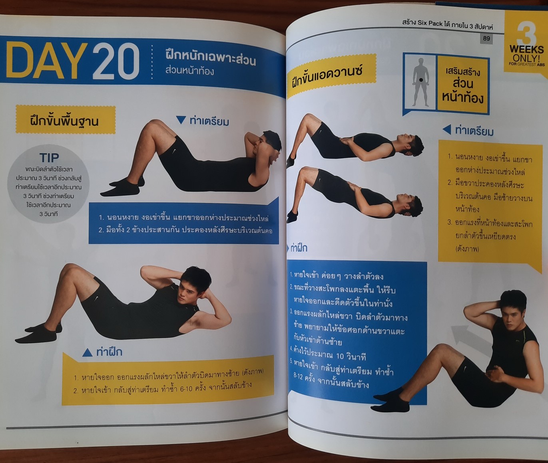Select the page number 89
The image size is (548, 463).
(486, 39)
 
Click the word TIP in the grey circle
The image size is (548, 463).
(49, 158)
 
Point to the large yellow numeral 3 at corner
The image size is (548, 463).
(526, 32)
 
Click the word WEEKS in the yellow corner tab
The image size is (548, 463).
(526, 49)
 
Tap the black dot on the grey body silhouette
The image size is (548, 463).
(421, 80)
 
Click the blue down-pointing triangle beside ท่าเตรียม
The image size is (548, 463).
(181, 120)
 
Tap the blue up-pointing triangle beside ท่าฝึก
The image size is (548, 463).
(87, 352)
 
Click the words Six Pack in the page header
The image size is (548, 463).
(430, 23)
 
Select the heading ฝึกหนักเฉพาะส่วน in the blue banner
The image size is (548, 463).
(210, 59)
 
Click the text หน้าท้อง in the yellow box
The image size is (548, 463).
(462, 97)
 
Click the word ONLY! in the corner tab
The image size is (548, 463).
(526, 58)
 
